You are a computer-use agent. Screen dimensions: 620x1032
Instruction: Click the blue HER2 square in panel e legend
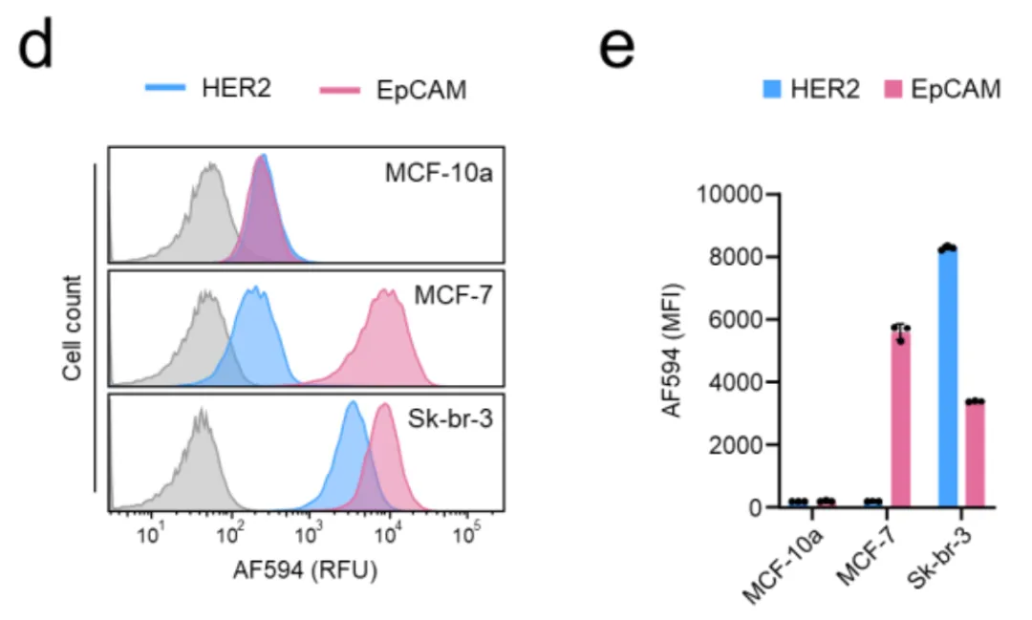coord(773,90)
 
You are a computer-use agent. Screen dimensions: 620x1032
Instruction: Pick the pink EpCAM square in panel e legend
coord(895,90)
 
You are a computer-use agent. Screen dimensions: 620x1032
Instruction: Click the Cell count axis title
coord(73,329)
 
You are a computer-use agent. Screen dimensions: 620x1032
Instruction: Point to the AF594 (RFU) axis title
coord(305,570)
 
